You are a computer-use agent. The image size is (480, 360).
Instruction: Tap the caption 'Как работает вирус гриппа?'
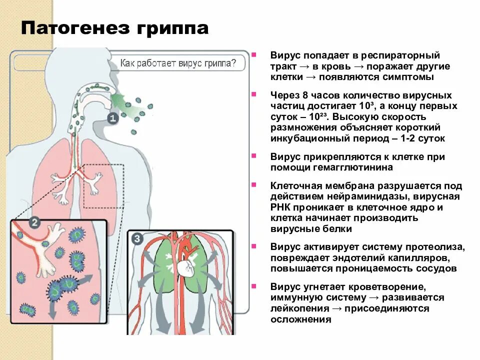[177, 64]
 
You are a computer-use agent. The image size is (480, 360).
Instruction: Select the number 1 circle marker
[112, 118]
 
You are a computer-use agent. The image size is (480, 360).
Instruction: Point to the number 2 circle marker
[34, 222]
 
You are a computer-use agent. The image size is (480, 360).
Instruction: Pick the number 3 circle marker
[137, 239]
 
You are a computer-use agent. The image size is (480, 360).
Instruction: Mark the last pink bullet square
[254, 286]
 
